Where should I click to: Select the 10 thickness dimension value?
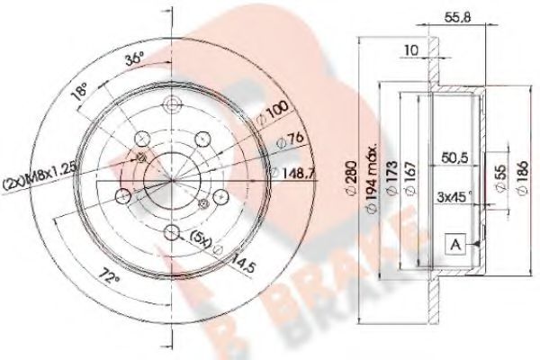coord(410,51)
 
